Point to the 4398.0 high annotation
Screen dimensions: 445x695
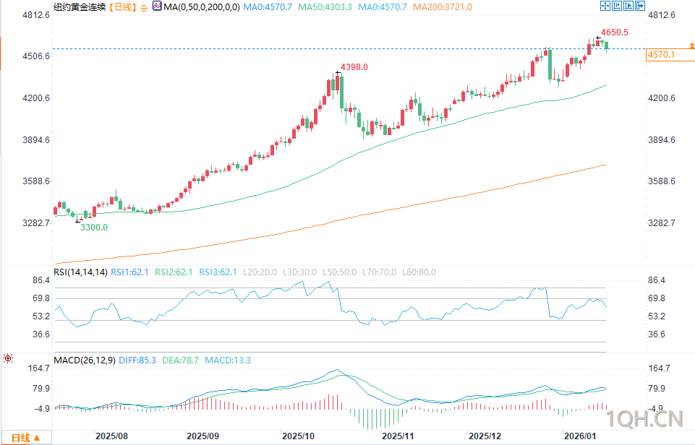click(354, 67)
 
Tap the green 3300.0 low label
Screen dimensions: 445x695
click(94, 228)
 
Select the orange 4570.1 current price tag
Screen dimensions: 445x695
click(662, 55)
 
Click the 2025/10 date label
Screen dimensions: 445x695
click(298, 436)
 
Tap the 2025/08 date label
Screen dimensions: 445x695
click(111, 436)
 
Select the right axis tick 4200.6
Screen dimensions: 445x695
click(661, 98)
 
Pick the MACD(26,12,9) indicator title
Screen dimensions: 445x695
click(85, 360)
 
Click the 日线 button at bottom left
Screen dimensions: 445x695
click(25, 438)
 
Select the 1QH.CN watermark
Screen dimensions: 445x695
click(646, 418)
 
